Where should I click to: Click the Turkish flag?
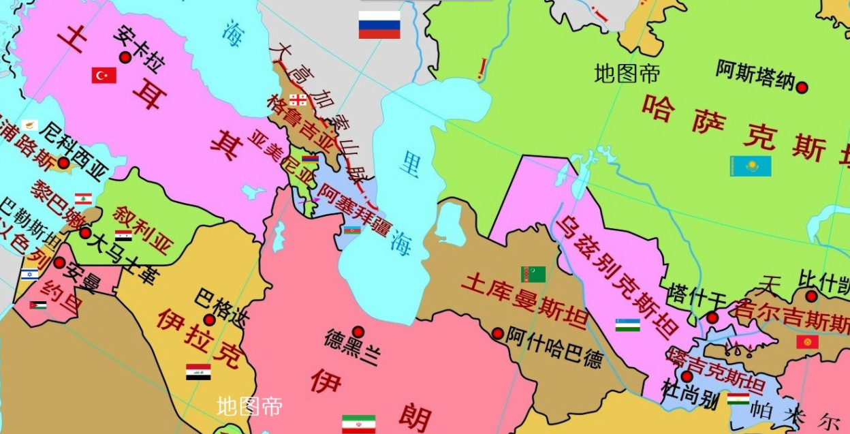pos(104,75)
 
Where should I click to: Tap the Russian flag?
pos(379,25)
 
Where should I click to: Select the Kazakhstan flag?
pos(751,166)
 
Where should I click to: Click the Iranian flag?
pos(358,423)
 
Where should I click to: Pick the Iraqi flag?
pos(198,372)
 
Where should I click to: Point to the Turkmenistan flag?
pos(533,274)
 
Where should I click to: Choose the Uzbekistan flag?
pos(627,325)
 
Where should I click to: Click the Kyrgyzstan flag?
pos(807,342)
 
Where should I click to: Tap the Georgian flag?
pos(298,100)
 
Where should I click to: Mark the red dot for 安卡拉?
pos(125,58)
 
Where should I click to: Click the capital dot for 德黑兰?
pos(358,332)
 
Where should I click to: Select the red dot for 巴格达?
pos(210,320)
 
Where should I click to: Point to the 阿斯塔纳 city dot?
pos(802,88)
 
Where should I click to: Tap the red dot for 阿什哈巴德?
pos(497,333)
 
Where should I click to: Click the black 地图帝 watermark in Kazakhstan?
pos(627,73)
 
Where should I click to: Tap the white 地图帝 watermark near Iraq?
pos(249,407)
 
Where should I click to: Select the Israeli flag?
pos(29,275)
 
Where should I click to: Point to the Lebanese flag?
pos(83,199)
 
